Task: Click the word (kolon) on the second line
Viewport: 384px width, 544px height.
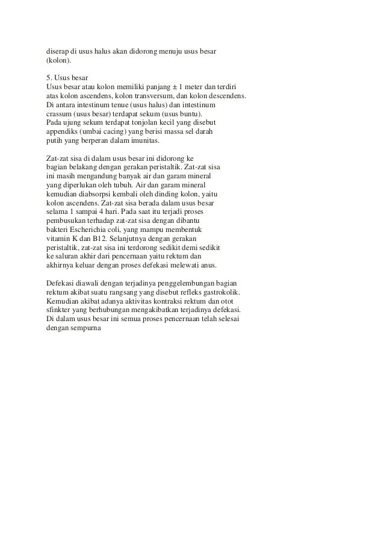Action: coord(58,61)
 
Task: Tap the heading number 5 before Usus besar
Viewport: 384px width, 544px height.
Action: coord(49,79)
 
